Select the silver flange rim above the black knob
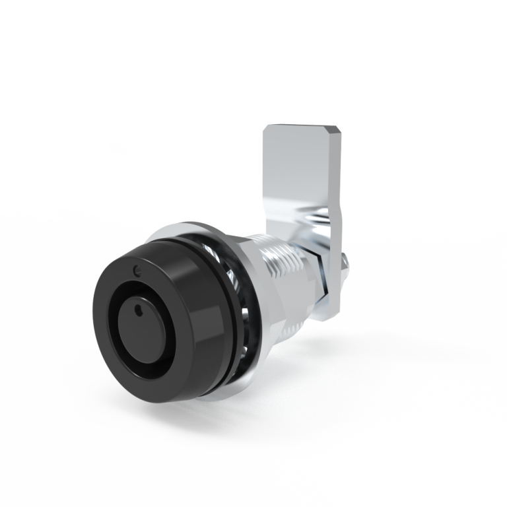click(178, 229)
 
